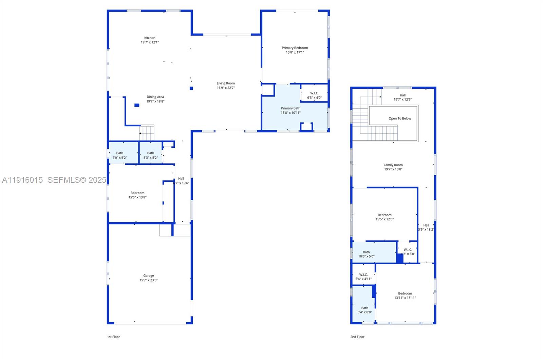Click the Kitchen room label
tap(150, 38)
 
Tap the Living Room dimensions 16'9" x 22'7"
tap(226, 88)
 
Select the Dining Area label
tap(155, 97)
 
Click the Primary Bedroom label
tap(295, 48)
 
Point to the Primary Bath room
tap(291, 110)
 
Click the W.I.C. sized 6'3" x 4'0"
tap(314, 95)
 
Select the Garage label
tap(148, 276)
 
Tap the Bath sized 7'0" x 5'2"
tap(120, 155)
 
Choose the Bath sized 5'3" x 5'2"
tap(151, 155)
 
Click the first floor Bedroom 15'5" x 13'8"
tap(137, 195)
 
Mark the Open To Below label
tap(399, 119)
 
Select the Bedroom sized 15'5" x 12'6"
tap(385, 217)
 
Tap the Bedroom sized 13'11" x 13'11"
tap(405, 295)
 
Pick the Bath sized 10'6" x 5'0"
tap(366, 254)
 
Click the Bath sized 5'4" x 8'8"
tap(364, 310)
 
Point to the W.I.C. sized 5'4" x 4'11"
tap(363, 277)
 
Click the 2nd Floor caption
tap(357, 337)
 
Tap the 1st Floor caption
tap(113, 337)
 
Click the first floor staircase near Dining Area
tap(147, 133)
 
